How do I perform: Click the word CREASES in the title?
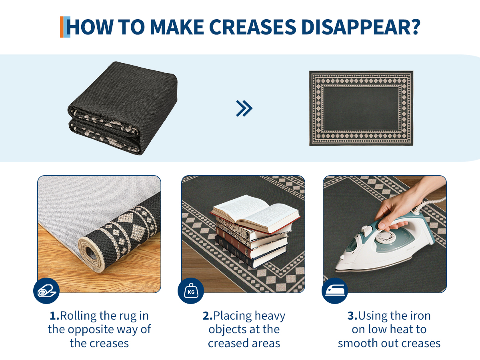252,27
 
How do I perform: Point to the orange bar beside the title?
62,27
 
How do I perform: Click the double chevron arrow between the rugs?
244,108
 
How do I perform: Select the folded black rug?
122,108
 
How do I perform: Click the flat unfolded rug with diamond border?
361,108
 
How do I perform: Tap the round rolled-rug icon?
46,291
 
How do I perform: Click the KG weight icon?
191,291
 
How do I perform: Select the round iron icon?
335,291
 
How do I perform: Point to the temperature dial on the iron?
385,237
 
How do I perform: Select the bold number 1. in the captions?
55,316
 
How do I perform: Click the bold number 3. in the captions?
352,316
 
